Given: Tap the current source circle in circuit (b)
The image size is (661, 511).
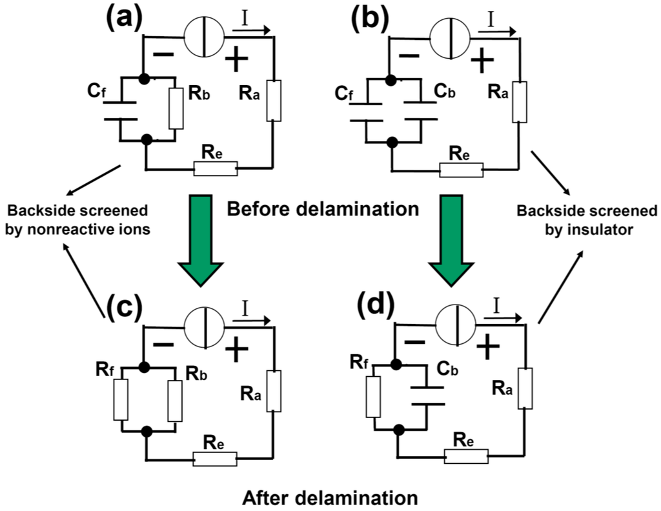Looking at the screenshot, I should [x=450, y=32].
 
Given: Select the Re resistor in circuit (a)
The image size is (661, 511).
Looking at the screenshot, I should [x=216, y=170].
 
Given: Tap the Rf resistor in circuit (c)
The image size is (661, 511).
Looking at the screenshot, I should [x=121, y=400].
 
